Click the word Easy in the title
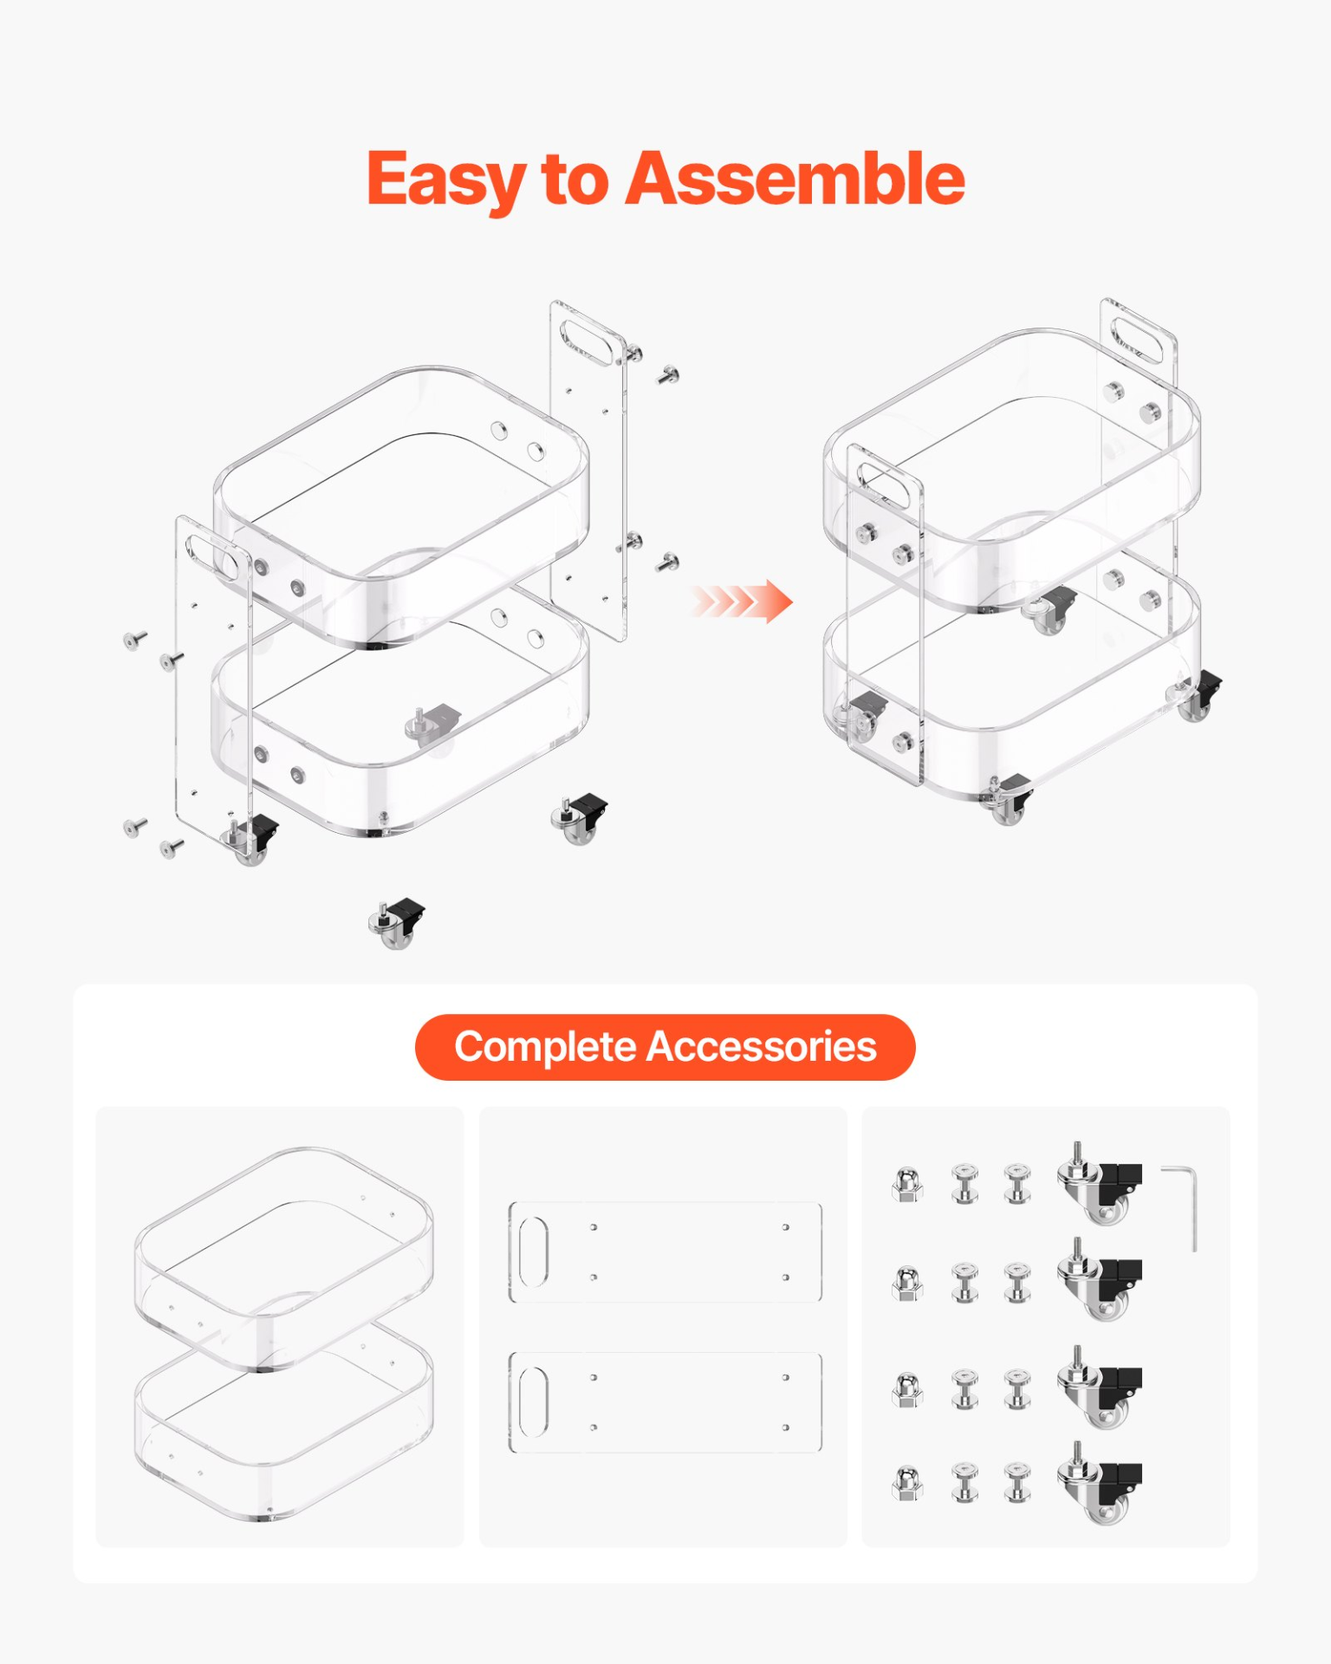(x=445, y=179)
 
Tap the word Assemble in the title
(x=795, y=179)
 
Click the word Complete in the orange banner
(x=545, y=1046)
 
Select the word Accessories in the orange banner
(x=762, y=1046)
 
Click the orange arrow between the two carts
(x=743, y=601)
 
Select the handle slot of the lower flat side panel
(x=534, y=1402)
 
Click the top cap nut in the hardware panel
(x=906, y=1185)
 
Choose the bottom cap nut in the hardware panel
(x=906, y=1483)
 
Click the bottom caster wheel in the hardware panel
(x=1099, y=1483)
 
